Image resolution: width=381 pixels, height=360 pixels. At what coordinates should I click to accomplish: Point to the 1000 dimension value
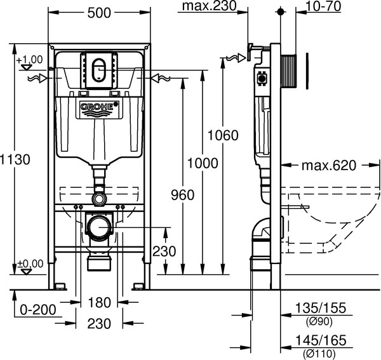point(201,163)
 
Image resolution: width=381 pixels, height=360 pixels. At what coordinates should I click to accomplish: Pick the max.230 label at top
point(208,7)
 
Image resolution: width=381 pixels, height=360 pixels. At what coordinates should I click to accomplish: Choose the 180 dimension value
point(100,302)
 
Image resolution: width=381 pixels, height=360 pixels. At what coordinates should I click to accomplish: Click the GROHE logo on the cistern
point(100,109)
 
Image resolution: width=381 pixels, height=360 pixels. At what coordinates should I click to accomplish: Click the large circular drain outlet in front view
point(99,226)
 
